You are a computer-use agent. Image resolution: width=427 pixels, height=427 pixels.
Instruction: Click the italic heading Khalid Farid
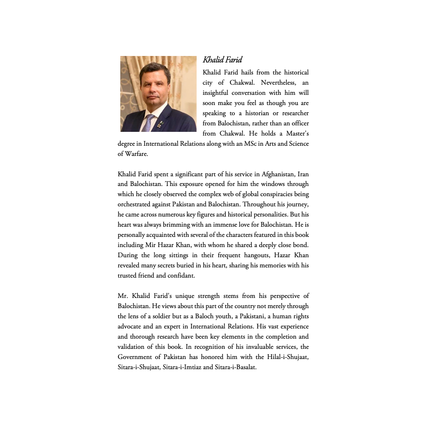click(223, 60)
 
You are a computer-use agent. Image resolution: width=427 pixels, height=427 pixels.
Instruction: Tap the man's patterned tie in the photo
click(148, 123)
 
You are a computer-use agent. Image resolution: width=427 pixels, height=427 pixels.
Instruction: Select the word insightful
click(217, 93)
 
